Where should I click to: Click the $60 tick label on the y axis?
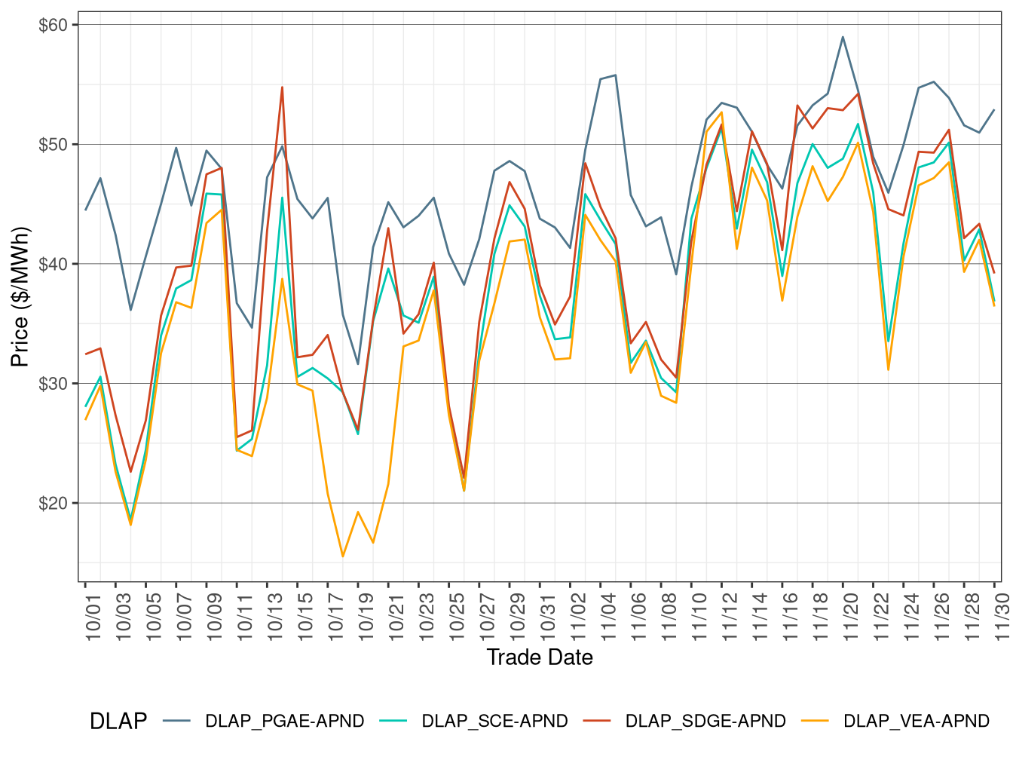pyautogui.click(x=53, y=25)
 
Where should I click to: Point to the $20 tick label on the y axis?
pyautogui.click(x=53, y=503)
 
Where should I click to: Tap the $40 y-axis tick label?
pyautogui.click(x=53, y=264)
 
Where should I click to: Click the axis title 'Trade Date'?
pyautogui.click(x=540, y=657)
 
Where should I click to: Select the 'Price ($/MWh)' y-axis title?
pyautogui.click(x=20, y=296)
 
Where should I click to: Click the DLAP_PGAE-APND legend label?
pyautogui.click(x=284, y=722)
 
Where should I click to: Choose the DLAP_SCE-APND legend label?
pyautogui.click(x=494, y=722)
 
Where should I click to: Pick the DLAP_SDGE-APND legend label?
pyautogui.click(x=705, y=722)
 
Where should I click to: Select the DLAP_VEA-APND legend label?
pyautogui.click(x=916, y=722)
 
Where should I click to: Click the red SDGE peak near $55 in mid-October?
pyautogui.click(x=282, y=87)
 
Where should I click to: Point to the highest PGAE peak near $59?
pyautogui.click(x=843, y=37)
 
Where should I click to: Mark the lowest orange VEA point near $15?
pyautogui.click(x=343, y=556)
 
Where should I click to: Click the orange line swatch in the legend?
pyautogui.click(x=814, y=722)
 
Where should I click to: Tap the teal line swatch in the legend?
pyautogui.click(x=393, y=722)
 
